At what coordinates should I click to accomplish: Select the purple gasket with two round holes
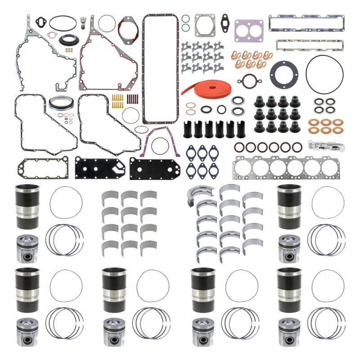(x=248, y=30)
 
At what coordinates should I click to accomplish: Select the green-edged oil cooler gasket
(x=43, y=167)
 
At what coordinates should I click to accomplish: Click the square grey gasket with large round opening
(x=205, y=26)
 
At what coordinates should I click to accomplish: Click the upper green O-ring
(x=185, y=18)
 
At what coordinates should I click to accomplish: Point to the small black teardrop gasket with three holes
(x=226, y=20)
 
